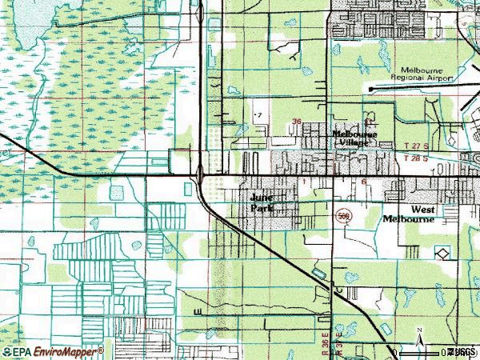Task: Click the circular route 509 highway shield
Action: (x=342, y=216)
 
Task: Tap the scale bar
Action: (x=424, y=352)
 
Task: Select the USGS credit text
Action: (x=462, y=351)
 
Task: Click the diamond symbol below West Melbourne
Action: (x=442, y=253)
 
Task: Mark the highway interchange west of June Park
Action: (x=199, y=172)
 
